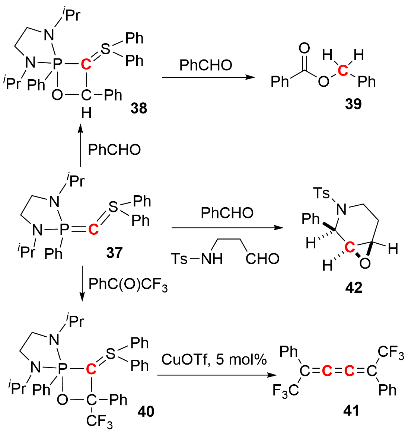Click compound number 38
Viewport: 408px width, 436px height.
pyautogui.click(x=138, y=108)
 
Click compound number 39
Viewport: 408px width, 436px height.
pyautogui.click(x=353, y=104)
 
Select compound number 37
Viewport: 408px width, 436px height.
pyautogui.click(x=114, y=253)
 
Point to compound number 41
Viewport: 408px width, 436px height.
pyautogui.click(x=351, y=410)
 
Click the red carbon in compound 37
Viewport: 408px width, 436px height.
pyautogui.click(x=93, y=230)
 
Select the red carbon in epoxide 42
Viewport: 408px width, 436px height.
pyautogui.click(x=349, y=248)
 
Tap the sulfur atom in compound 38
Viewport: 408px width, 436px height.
pyautogui.click(x=106, y=49)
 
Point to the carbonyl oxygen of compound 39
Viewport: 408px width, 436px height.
pyautogui.click(x=304, y=48)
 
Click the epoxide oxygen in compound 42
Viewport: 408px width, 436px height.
pyautogui.click(x=365, y=263)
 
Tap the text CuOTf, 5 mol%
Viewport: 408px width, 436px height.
pyautogui.click(x=214, y=359)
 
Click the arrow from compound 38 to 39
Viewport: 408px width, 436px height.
pyautogui.click(x=208, y=77)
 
